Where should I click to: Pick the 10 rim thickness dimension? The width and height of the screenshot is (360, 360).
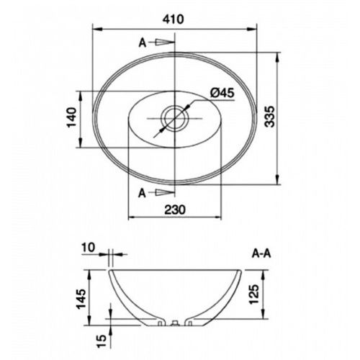pyautogui.click(x=89, y=248)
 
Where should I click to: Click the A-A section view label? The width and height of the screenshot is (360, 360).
pyautogui.click(x=262, y=253)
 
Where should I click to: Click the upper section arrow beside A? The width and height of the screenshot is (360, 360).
pyautogui.click(x=166, y=43)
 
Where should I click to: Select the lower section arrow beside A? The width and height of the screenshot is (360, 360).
pyautogui.click(x=166, y=192)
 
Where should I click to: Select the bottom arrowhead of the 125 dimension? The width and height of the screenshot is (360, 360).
pyautogui.click(x=259, y=318)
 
